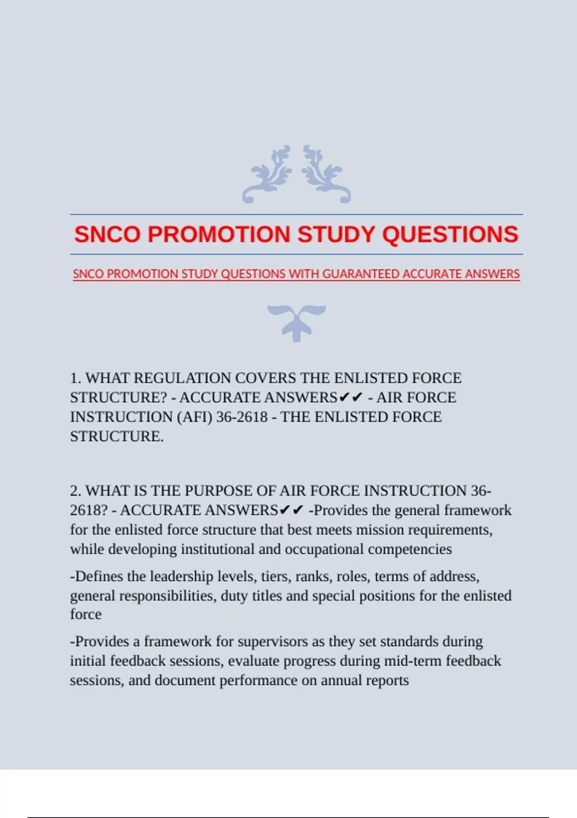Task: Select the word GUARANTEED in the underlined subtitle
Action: click(361, 274)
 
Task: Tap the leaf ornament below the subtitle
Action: click(297, 321)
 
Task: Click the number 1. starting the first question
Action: click(76, 378)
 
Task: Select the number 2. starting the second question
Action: click(76, 491)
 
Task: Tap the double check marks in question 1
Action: click(351, 397)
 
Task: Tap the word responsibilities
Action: click(167, 596)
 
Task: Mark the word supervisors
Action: click(272, 641)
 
